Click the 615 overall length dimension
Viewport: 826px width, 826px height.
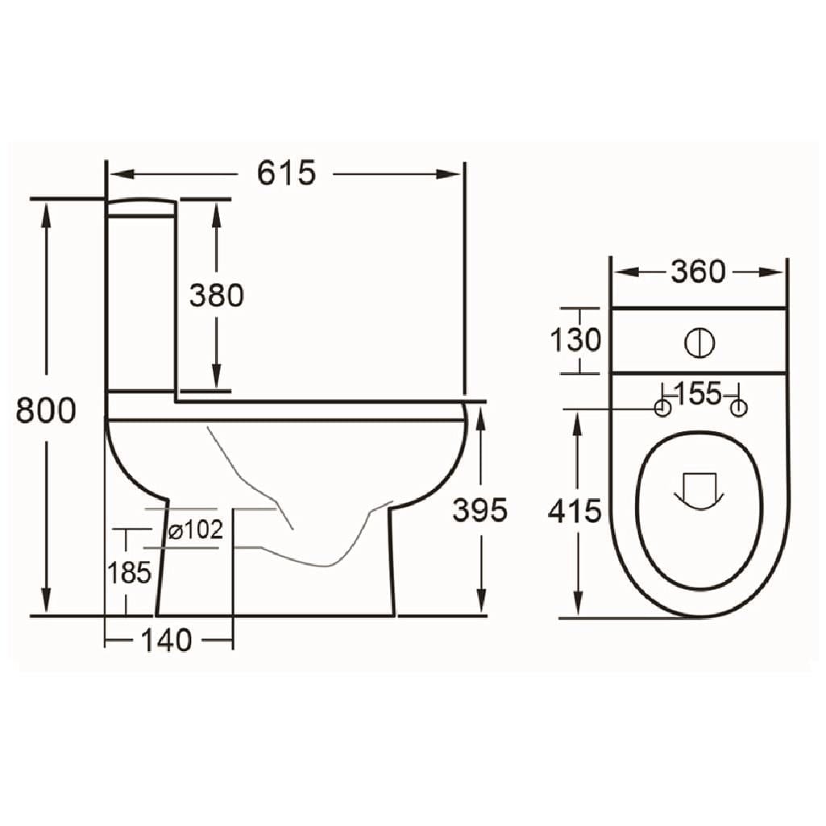(286, 173)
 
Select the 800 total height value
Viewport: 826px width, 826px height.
(46, 410)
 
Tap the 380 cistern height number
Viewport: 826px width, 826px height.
(216, 296)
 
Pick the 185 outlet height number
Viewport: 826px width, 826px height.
(129, 573)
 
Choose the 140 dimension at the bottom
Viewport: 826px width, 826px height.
(167, 641)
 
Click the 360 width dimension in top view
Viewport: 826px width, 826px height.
(698, 272)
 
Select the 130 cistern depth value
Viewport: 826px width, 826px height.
(575, 340)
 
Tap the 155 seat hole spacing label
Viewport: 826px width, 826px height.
(698, 394)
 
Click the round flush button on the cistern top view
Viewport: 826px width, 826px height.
(699, 342)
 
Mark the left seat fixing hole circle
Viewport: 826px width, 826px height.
(662, 409)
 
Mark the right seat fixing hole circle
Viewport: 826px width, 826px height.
(737, 409)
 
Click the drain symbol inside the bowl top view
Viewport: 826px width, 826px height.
(698, 492)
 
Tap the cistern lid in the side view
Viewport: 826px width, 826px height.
(141, 208)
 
